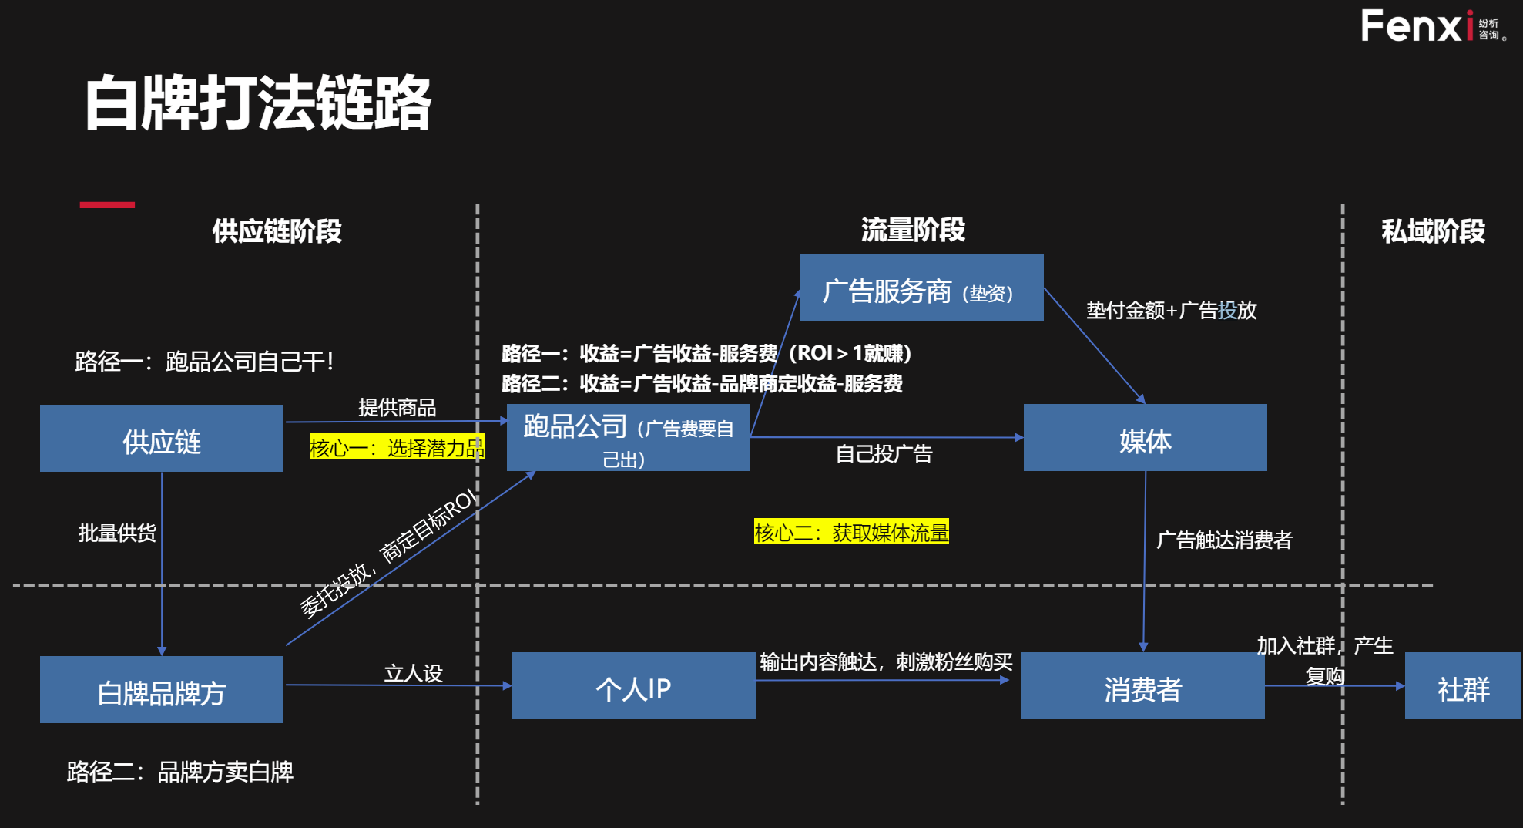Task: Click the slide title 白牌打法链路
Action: pos(258,103)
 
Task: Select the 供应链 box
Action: pos(162,439)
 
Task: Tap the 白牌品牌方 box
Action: pos(162,690)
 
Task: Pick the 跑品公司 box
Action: pos(628,438)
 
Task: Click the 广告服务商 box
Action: pos(921,288)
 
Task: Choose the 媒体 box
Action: pos(1145,438)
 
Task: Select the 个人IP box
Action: pos(633,686)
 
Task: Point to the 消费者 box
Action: pos(1142,686)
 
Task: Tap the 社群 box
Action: pos(1462,686)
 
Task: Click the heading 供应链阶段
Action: pos(277,231)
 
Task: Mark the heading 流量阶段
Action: pos(913,229)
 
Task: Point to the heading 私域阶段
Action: pos(1433,231)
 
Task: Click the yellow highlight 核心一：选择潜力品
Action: pos(396,448)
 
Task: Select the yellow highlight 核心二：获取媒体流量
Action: pos(851,532)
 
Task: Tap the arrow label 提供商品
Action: pos(397,407)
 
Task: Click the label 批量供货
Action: pos(117,533)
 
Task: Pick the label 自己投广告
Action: pos(884,454)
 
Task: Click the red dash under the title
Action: pos(107,205)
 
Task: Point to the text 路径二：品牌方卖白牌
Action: pos(180,772)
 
